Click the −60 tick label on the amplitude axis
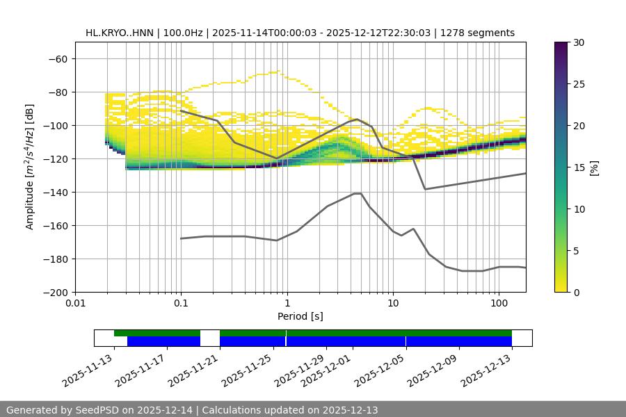[57, 58]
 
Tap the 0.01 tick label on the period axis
[75, 304]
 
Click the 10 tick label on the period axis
[393, 304]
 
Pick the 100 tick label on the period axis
[499, 304]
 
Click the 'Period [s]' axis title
[300, 316]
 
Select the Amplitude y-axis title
[30, 167]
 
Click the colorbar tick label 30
[579, 42]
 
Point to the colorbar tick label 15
[579, 167]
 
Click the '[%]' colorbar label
[594, 167]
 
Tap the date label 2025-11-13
[86, 373]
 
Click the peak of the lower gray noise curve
[358, 193]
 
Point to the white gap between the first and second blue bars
[210, 341]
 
